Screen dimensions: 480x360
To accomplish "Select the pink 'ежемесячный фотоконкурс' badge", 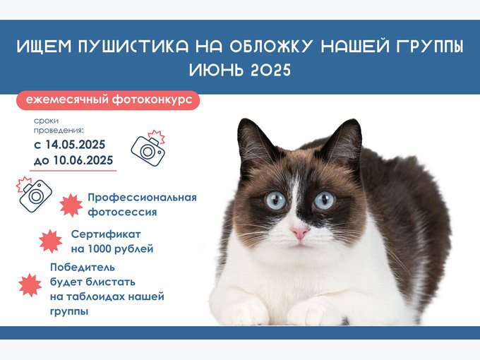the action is click(x=108, y=100).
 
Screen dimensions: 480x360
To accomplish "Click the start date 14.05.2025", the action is click(x=76, y=145).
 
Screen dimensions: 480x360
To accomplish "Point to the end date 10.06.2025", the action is click(x=83, y=160).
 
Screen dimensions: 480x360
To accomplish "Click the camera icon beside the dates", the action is click(x=148, y=148).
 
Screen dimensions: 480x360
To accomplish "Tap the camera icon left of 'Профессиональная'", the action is click(x=35, y=194).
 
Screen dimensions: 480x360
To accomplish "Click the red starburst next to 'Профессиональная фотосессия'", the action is click(x=71, y=205).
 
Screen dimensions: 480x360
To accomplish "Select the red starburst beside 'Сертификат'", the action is click(x=51, y=241).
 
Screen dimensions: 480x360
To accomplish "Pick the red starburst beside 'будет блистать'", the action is click(x=30, y=285).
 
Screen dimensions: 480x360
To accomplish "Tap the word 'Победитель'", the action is click(x=83, y=268).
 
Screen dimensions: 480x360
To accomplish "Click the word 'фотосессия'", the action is click(x=122, y=212).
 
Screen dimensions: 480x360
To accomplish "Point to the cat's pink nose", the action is click(x=299, y=233).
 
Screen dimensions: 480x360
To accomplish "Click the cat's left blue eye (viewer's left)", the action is click(x=275, y=200).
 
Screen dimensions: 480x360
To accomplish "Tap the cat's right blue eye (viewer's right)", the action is click(x=324, y=200).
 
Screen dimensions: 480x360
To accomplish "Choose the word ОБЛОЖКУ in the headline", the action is click(x=271, y=46).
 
